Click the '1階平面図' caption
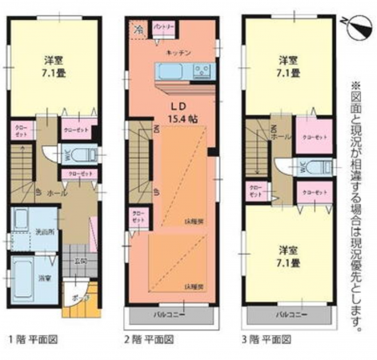tap(33, 338)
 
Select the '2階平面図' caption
tap(151, 338)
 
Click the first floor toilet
tap(89, 154)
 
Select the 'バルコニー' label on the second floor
tap(169, 315)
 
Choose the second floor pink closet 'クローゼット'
tap(138, 217)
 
